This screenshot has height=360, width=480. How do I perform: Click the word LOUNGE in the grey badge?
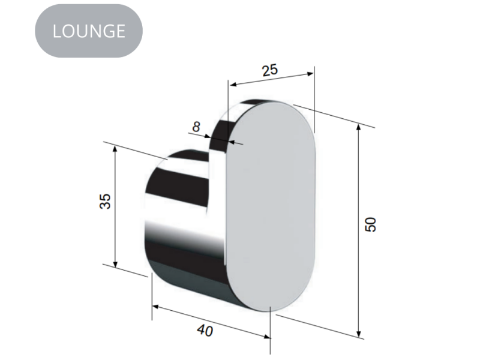click(x=89, y=31)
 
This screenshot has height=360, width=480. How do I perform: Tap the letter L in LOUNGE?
click(x=58, y=31)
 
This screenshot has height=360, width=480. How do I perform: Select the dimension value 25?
click(x=270, y=70)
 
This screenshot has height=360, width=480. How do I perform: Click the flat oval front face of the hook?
click(x=271, y=204)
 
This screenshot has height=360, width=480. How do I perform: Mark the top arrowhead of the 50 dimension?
click(x=359, y=127)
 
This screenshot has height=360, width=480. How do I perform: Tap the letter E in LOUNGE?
click(x=119, y=31)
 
